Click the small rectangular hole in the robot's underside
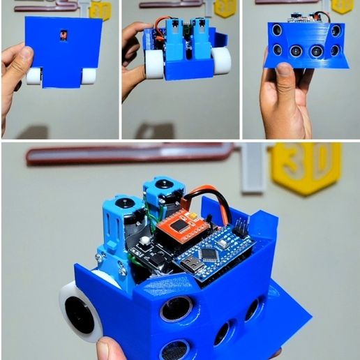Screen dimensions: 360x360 point(63,35)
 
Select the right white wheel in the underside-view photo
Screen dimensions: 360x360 point(88,76)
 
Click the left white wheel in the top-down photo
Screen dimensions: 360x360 point(154,63)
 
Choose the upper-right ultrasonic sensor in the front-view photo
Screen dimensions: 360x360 point(337,31)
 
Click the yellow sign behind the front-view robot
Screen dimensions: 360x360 point(342,6)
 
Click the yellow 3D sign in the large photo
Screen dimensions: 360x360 point(306,167)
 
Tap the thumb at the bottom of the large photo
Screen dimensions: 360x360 point(116,348)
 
